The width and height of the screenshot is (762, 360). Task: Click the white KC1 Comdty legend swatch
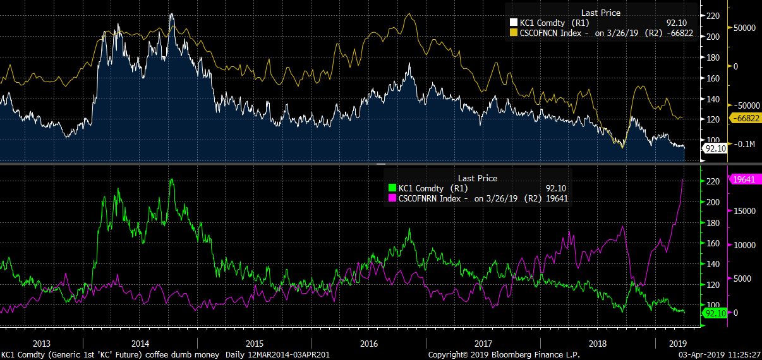(x=514, y=23)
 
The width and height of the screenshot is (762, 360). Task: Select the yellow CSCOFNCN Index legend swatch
(x=514, y=33)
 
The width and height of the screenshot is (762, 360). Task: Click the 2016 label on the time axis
(x=369, y=343)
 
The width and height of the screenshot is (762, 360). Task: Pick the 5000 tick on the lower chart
(x=741, y=278)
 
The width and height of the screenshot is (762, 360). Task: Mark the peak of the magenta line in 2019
(x=683, y=180)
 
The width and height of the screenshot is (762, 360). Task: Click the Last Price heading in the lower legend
(x=478, y=178)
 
